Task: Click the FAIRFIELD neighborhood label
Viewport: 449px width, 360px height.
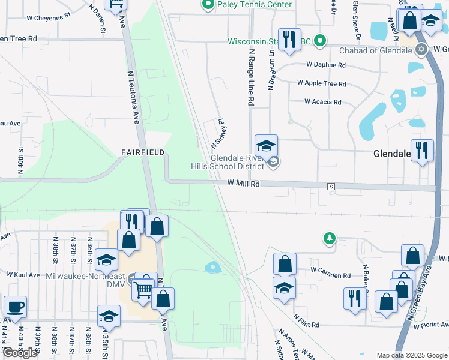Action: click(142, 152)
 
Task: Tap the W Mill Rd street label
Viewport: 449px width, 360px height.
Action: click(243, 184)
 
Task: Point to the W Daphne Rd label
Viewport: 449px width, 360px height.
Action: click(326, 65)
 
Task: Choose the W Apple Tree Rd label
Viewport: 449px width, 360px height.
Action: click(321, 84)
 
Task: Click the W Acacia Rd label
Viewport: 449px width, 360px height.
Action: click(322, 102)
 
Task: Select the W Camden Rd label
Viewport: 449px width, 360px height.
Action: click(330, 275)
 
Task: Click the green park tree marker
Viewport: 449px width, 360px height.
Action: click(329, 239)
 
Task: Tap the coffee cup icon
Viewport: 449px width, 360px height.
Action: click(16, 307)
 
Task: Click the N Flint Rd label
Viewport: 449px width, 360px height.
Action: click(306, 320)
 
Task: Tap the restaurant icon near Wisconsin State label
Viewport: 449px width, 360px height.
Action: click(289, 40)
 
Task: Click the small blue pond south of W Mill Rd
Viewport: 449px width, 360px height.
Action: click(212, 266)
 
